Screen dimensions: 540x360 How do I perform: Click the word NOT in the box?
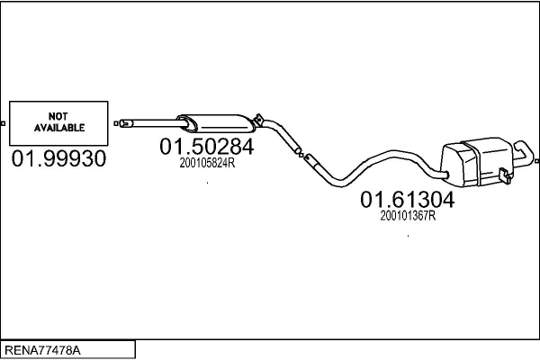[x=58, y=116]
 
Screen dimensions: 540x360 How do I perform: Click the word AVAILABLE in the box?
[x=58, y=128]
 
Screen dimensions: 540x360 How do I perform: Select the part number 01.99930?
[x=59, y=159]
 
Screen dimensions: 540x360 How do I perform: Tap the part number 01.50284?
[x=207, y=146]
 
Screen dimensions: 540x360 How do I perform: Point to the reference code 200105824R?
[x=207, y=163]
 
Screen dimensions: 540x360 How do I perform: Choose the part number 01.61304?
[x=408, y=199]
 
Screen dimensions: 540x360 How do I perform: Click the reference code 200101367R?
[x=408, y=216]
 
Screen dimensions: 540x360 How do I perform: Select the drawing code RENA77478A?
[x=41, y=349]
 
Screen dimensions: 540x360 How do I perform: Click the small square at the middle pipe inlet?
[x=115, y=121]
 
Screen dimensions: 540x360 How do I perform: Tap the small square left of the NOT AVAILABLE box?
[x=4, y=122]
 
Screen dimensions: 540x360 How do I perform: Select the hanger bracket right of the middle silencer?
[x=259, y=119]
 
